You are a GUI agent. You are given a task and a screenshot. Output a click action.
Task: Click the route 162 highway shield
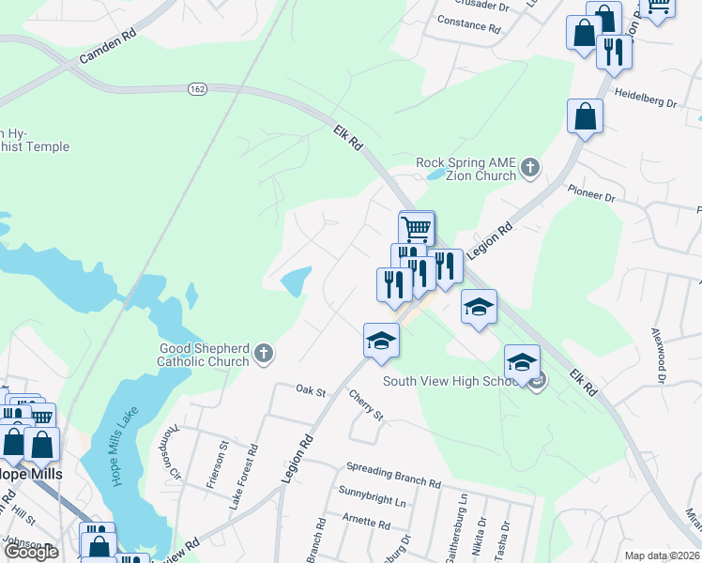click(197, 88)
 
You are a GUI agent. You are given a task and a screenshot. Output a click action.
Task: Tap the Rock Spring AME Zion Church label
click(466, 169)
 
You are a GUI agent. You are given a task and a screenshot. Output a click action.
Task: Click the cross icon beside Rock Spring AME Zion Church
click(530, 168)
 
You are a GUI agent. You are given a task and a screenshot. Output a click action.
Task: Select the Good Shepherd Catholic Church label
click(204, 355)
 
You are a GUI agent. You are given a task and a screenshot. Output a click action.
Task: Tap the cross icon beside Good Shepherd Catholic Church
click(265, 354)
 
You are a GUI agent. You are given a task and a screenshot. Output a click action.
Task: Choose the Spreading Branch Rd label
click(393, 475)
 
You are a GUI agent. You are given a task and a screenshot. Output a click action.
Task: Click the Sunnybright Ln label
click(373, 498)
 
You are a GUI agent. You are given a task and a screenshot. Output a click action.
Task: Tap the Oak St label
click(310, 389)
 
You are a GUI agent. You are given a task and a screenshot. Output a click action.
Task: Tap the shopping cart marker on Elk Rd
click(416, 227)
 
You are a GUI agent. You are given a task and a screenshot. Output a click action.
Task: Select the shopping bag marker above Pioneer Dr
click(585, 117)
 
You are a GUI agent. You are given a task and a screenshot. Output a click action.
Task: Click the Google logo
click(31, 552)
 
